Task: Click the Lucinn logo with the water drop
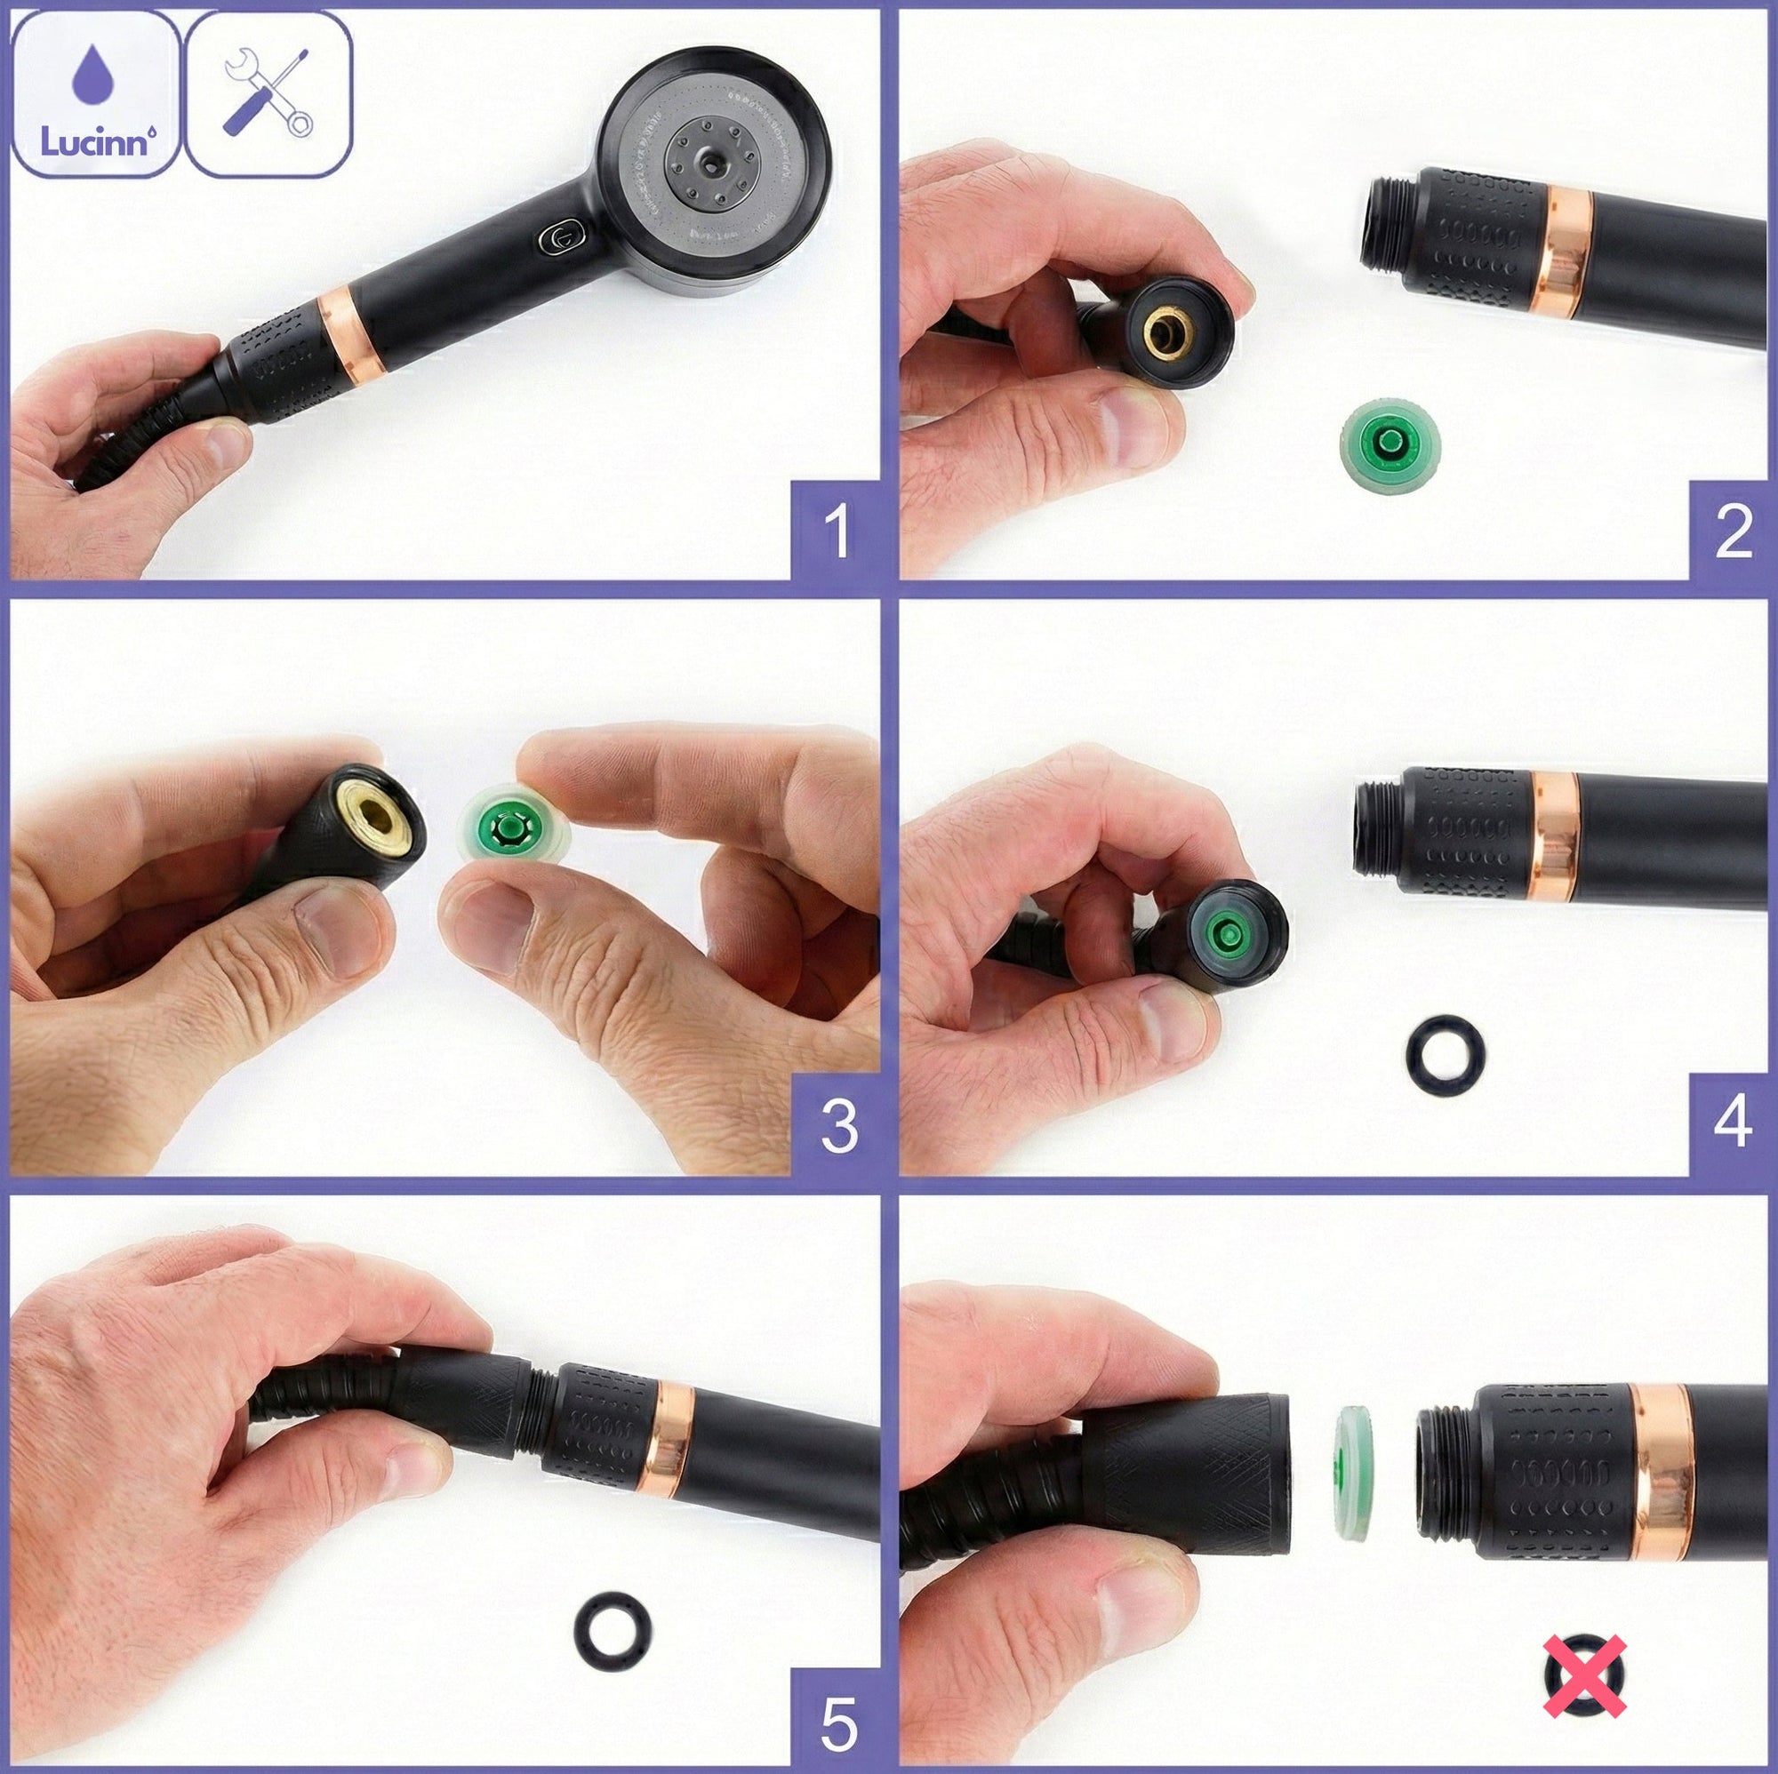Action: pyautogui.click(x=96, y=96)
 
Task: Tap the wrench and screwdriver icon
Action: pyautogui.click(x=268, y=96)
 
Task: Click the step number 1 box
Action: pyautogui.click(x=836, y=531)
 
